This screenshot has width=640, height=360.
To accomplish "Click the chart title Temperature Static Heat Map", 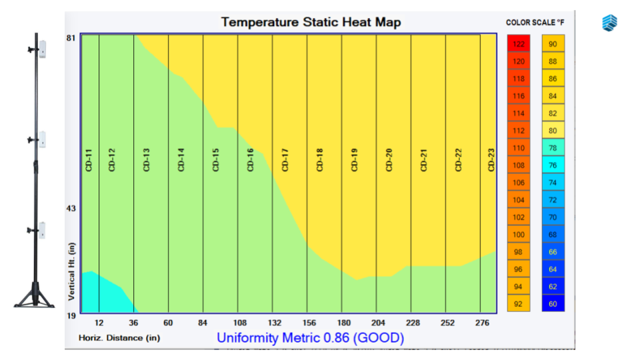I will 311,22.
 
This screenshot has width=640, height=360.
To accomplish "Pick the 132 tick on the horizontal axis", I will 272,323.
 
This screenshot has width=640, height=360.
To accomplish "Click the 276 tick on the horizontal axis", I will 483,323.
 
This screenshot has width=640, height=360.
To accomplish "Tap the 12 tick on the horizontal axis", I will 99,323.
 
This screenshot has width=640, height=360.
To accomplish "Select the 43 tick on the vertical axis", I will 71,209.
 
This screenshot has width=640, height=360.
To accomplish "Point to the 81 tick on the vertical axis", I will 71,38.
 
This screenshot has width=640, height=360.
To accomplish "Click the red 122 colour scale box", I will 519,44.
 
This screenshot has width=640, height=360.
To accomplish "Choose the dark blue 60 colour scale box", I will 553,304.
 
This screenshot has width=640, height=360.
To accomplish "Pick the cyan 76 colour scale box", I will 553,165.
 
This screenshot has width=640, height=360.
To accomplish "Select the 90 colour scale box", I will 553,44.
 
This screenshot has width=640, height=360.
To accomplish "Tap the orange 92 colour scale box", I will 519,304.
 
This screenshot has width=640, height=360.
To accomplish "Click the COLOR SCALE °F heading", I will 536,23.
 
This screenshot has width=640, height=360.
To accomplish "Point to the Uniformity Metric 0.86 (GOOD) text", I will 310,338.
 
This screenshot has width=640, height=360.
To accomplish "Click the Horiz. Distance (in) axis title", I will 120,338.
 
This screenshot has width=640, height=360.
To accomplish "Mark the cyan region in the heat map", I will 100,293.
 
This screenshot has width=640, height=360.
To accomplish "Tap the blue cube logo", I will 610,23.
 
